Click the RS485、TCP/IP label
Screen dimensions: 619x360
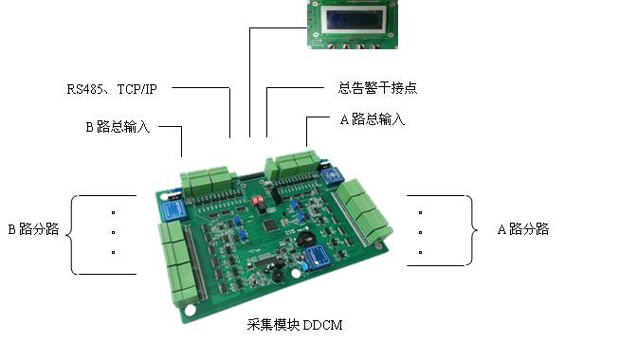[x=112, y=89]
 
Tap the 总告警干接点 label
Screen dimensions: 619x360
[x=377, y=87]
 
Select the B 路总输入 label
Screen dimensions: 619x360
[x=118, y=127]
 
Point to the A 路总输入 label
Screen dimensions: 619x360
[x=373, y=118]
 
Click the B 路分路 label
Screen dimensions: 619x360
[x=33, y=229]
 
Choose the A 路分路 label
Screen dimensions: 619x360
[x=523, y=229]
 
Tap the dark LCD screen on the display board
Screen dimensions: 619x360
[x=355, y=18]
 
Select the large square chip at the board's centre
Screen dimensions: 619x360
[x=270, y=225]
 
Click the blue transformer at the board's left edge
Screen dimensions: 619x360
[x=173, y=210]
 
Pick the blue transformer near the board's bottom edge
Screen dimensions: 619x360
[x=319, y=257]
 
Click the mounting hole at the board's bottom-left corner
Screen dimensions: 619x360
[x=190, y=311]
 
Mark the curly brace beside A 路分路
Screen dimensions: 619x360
[x=471, y=230]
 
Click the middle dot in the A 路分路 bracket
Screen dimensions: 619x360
[x=421, y=232]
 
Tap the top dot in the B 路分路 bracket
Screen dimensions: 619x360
[x=114, y=213]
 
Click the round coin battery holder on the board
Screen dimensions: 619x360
[x=305, y=238]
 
